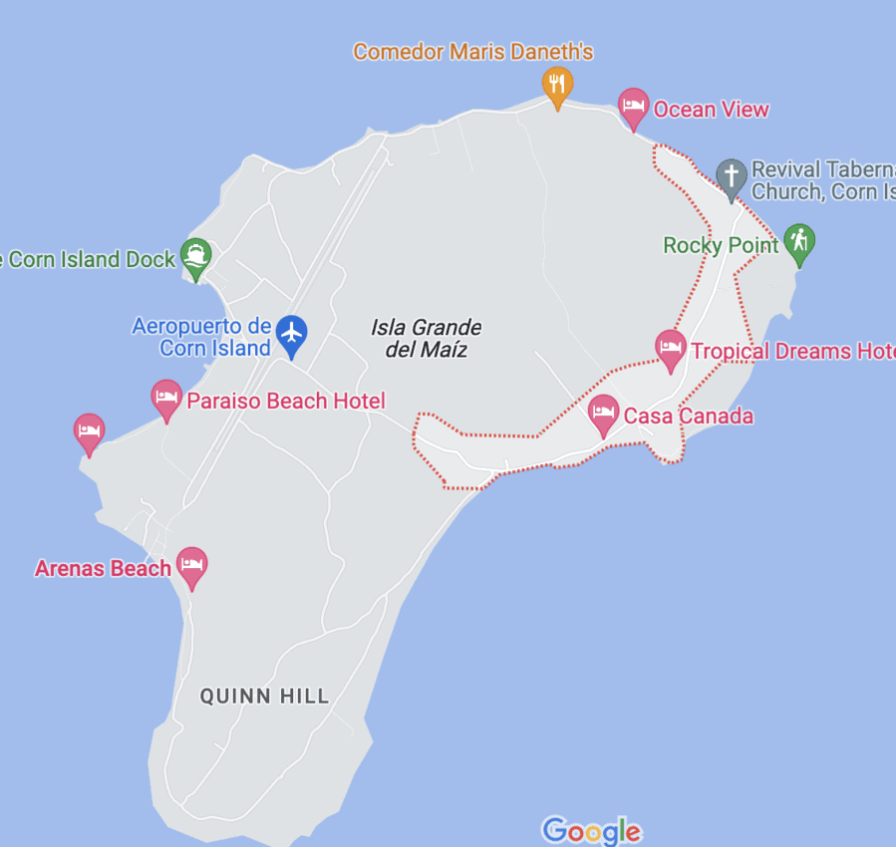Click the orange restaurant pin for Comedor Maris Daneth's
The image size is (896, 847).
click(x=557, y=85)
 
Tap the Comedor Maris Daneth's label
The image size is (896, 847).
click(x=473, y=51)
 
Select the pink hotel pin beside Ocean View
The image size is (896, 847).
click(x=633, y=106)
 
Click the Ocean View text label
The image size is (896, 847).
click(x=711, y=110)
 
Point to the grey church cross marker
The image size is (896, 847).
click(x=732, y=176)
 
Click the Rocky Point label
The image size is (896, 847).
click(x=721, y=245)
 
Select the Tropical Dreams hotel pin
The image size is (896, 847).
click(x=671, y=348)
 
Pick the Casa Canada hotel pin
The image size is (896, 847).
click(x=603, y=412)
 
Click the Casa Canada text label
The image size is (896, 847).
click(x=688, y=416)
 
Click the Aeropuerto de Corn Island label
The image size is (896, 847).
click(x=202, y=337)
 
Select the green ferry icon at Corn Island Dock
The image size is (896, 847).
click(x=195, y=255)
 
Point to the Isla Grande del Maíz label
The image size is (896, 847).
click(x=426, y=338)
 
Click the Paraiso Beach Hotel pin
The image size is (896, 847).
click(x=166, y=398)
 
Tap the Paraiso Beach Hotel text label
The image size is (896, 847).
click(x=285, y=402)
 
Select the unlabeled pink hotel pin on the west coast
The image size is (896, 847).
click(x=89, y=430)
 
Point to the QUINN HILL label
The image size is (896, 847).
click(x=264, y=697)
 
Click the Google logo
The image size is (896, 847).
click(x=591, y=830)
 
